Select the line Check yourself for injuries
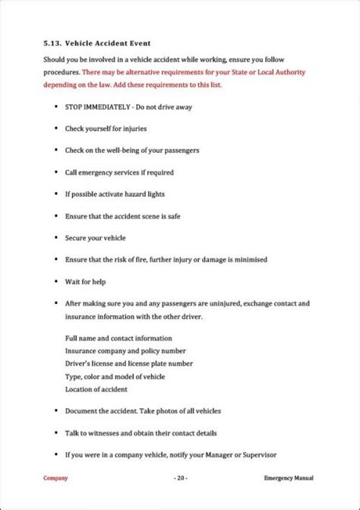(x=107, y=130)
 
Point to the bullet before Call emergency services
(x=58, y=172)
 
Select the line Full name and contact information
(x=118, y=337)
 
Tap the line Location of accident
(x=96, y=389)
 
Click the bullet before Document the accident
(x=58, y=410)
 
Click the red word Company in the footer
(x=55, y=477)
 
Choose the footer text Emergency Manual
(x=289, y=477)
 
